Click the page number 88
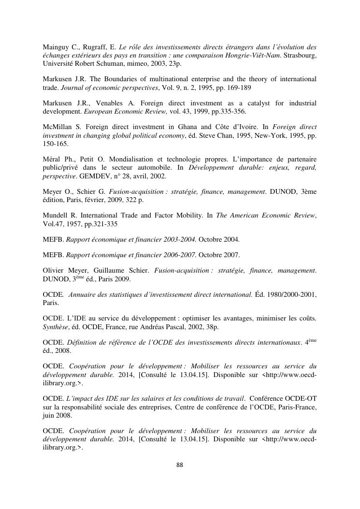pos(180,465)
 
